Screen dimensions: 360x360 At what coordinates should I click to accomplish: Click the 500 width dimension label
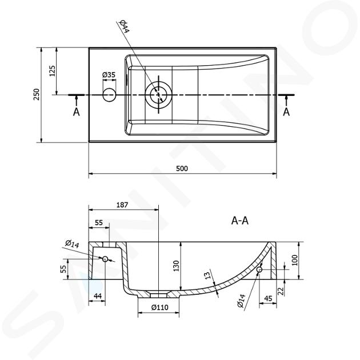(x=182, y=169)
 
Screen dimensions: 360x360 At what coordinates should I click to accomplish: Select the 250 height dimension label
(x=37, y=94)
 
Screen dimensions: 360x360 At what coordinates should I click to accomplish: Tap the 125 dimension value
(x=53, y=71)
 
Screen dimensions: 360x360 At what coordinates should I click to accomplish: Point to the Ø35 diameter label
(x=109, y=75)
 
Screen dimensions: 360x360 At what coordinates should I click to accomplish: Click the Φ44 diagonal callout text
(x=124, y=27)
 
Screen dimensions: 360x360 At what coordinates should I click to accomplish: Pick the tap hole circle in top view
(x=109, y=95)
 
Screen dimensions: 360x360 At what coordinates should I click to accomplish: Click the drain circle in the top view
(x=158, y=95)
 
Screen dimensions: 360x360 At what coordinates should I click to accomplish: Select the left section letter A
(x=77, y=112)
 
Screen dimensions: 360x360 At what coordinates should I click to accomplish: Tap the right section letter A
(x=286, y=112)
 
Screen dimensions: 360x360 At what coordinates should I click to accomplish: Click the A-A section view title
(x=239, y=221)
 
